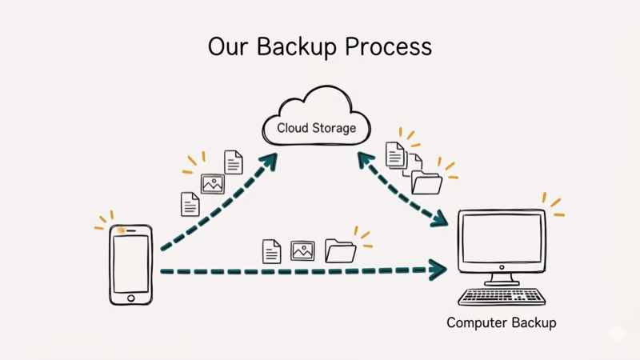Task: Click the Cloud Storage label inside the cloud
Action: tap(317, 128)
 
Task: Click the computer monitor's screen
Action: tap(502, 239)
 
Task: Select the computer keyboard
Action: tap(502, 296)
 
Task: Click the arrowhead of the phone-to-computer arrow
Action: tap(439, 270)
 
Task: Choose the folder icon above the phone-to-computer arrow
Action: tap(341, 251)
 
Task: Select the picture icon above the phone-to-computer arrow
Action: tap(302, 250)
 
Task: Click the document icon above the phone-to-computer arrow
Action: tap(272, 251)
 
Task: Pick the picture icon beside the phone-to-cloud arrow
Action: tap(213, 184)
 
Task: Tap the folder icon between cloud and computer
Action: tap(426, 183)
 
